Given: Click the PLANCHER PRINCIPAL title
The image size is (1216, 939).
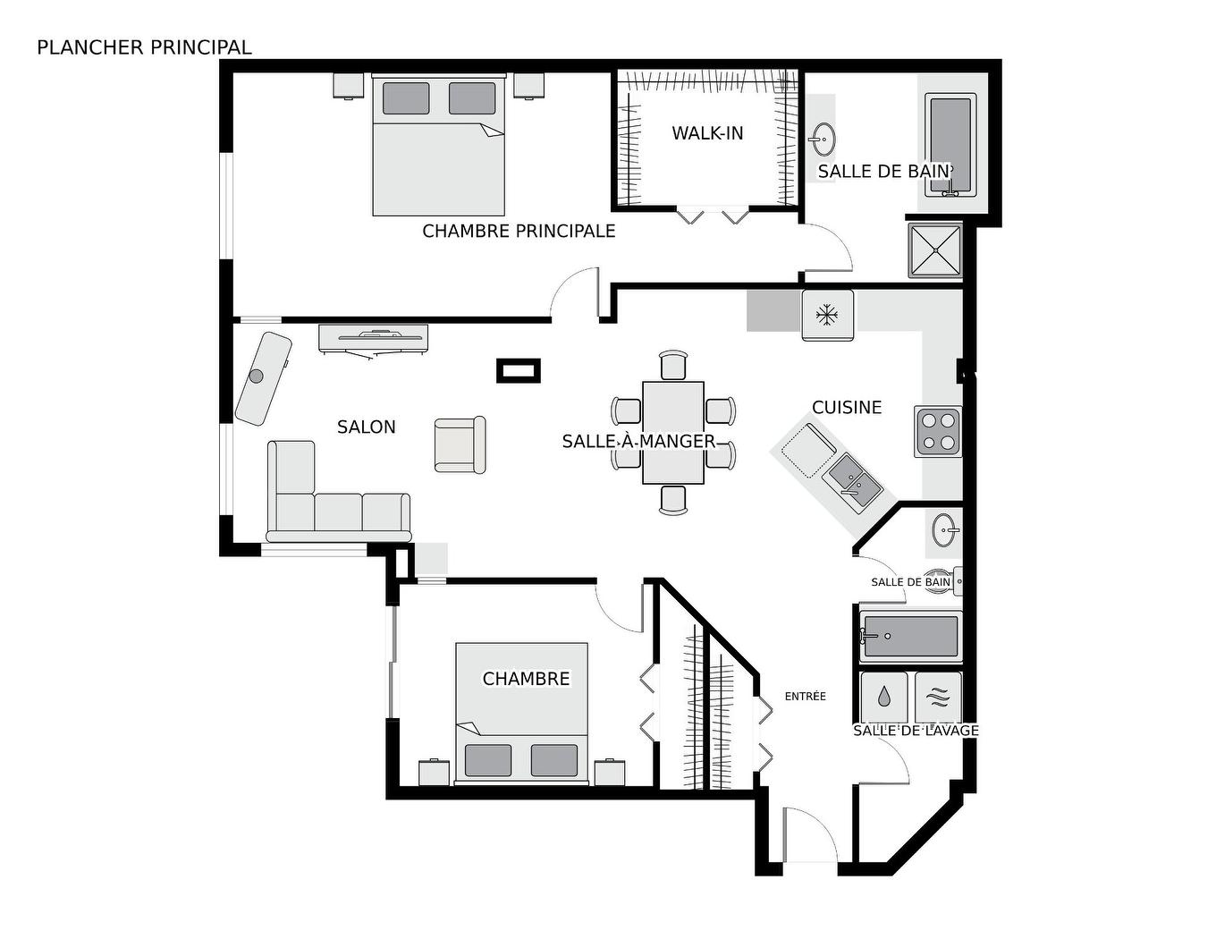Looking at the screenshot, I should [x=144, y=47].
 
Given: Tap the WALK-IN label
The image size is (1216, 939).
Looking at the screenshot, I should [x=707, y=133].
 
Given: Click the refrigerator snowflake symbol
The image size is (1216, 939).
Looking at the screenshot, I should [x=827, y=315].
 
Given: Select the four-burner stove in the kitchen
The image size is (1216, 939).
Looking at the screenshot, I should [x=937, y=431].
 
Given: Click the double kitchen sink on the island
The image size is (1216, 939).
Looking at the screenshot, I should [x=852, y=479].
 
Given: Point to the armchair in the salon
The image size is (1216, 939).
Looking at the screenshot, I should [x=460, y=444].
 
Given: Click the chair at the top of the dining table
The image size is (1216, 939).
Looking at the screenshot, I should [x=673, y=365].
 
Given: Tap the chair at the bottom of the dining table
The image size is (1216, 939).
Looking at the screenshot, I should [x=673, y=499].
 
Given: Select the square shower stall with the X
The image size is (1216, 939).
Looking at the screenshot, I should [x=935, y=250].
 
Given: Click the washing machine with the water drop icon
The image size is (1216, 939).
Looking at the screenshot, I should [x=884, y=696].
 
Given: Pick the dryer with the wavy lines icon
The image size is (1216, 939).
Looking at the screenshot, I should [x=938, y=696].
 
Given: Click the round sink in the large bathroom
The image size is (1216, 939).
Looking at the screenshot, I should [x=823, y=140].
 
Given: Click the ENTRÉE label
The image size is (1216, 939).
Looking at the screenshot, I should [x=805, y=696].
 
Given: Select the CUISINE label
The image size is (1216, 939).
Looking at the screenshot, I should [x=846, y=408].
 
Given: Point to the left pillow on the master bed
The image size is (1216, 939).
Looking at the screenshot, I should [x=406, y=97].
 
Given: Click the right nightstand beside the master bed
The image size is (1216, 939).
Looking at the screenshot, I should [x=528, y=85].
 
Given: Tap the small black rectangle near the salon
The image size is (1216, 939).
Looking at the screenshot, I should [x=519, y=370].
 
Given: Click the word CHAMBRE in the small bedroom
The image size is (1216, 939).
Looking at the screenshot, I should [x=526, y=679].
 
